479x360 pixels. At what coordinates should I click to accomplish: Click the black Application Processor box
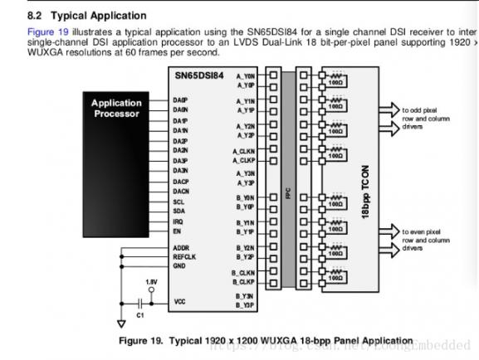click(115, 109)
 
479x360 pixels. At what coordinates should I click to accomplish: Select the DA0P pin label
click(180, 100)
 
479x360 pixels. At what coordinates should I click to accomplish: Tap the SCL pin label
click(178, 202)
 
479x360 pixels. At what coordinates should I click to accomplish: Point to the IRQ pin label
click(178, 221)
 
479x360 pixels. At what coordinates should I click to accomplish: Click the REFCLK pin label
click(184, 257)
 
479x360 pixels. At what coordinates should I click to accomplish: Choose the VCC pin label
click(179, 301)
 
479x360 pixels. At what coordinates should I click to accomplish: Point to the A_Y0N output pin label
click(246, 75)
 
